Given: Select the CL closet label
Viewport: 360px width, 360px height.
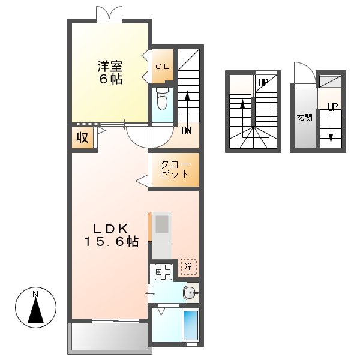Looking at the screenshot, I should pos(162,67).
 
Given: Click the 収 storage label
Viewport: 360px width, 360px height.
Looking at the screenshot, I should pos(83,137).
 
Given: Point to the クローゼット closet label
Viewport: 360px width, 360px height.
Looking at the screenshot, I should pos(175,169).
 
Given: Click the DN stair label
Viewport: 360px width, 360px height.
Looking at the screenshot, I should pos(186,130).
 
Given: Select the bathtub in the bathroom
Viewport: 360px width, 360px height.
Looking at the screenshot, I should pos(190,326).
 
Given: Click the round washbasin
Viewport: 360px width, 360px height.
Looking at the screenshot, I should pos(190,293).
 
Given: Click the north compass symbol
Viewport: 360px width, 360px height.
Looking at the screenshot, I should pos(36,308).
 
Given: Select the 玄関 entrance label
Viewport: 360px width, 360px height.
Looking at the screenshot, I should pos(304,118).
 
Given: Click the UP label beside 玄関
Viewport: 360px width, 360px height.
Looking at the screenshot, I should pos(332,107).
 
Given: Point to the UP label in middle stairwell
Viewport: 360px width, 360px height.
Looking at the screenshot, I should pos(262,83).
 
